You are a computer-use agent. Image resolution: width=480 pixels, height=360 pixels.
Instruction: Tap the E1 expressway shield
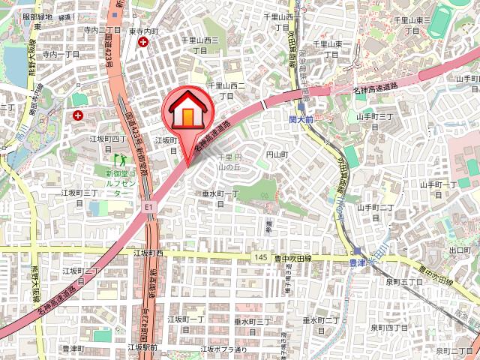tap(148, 204)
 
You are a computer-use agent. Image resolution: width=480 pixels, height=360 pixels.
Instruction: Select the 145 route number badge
tap(260, 257)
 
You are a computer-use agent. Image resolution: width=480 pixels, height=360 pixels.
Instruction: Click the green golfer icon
tap(119, 159)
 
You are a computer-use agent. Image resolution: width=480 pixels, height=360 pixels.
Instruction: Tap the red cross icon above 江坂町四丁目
tap(79, 115)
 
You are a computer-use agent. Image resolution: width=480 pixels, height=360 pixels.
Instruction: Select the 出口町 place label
tap(458, 250)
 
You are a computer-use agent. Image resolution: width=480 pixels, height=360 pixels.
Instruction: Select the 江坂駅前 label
tap(142, 347)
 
